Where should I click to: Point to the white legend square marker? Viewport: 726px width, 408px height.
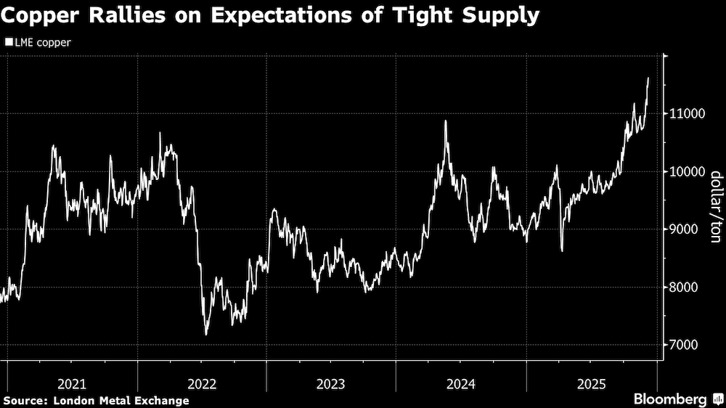pos(8,42)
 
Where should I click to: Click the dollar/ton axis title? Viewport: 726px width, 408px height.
pos(714,206)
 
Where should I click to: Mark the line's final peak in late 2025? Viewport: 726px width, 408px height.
pos(648,78)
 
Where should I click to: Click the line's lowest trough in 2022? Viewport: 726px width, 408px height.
pos(206,335)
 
